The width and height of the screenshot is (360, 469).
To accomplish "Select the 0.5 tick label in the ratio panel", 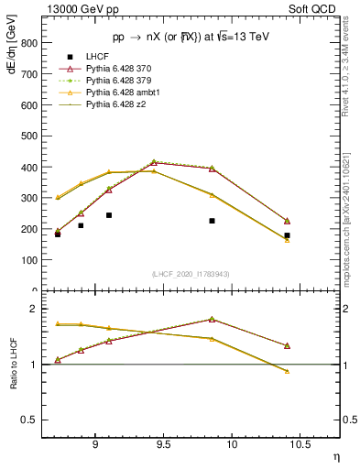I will click(x=29, y=420).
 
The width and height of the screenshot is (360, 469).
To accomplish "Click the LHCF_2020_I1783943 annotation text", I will click(x=191, y=274).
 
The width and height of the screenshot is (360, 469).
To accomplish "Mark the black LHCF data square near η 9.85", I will click(x=212, y=221).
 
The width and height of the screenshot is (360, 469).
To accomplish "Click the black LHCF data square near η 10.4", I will click(x=287, y=235).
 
